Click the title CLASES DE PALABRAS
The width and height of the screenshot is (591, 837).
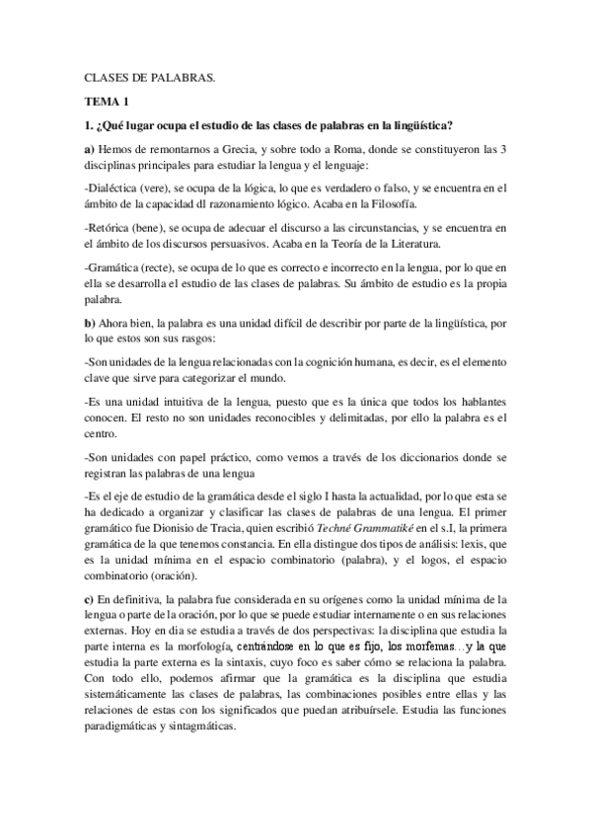click(149, 77)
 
